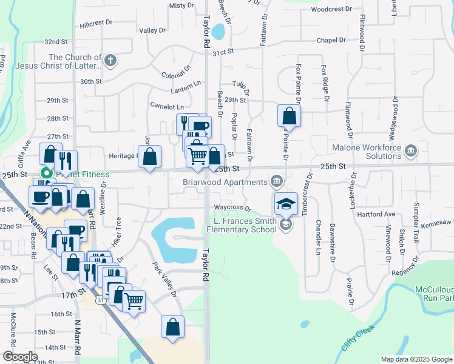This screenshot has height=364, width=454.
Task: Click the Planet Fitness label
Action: (82, 174)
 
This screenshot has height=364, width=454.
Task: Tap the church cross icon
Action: (109, 59)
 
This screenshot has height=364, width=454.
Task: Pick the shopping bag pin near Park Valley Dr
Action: (173, 326)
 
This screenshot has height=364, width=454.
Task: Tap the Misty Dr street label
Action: (181, 5)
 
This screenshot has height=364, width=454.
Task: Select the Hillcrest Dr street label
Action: (96, 22)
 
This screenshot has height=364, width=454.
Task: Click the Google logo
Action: (20, 357)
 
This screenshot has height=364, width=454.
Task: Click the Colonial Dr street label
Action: (177, 74)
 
